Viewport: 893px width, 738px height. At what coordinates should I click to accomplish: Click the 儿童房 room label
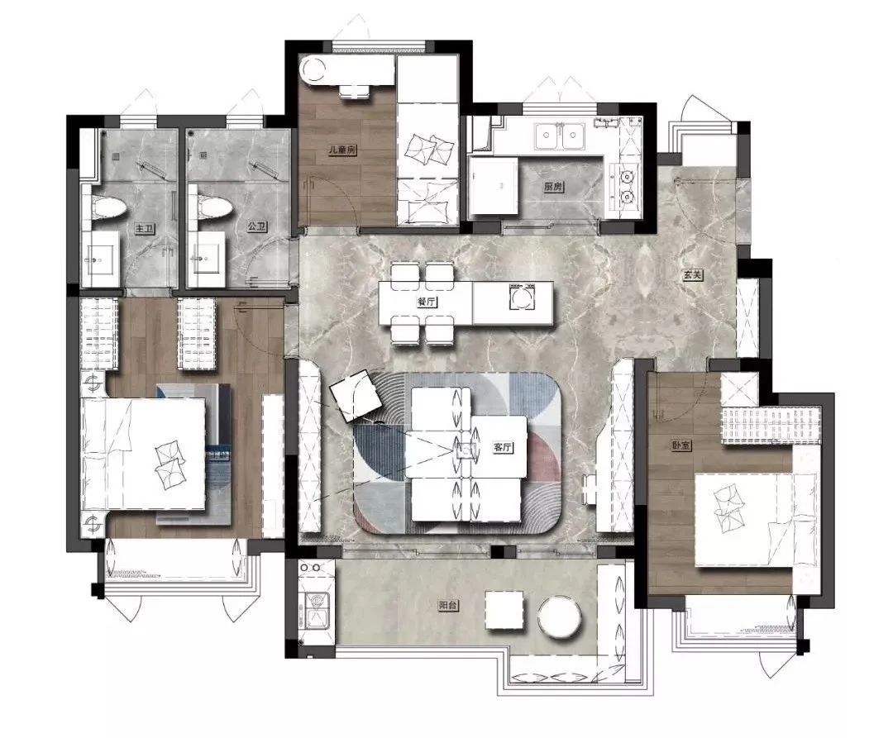[341, 150]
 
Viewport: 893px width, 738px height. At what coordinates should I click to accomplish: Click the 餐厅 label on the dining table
[427, 302]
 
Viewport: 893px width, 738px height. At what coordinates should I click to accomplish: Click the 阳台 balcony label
[447, 606]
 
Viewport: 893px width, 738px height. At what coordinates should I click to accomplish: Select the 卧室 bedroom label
[680, 445]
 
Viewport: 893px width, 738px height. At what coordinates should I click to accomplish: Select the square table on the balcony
[504, 610]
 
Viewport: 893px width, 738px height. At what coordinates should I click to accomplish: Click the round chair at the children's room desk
[313, 70]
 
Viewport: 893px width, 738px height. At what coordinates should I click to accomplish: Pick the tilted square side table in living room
[356, 395]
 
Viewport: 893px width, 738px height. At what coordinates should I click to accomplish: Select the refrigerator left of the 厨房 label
[493, 185]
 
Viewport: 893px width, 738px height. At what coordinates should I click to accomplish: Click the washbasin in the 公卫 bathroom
[205, 259]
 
